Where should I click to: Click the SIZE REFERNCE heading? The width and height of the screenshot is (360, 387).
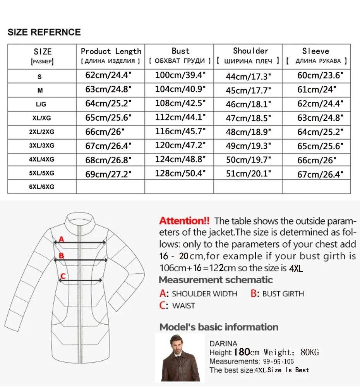pyautogui.click(x=44, y=32)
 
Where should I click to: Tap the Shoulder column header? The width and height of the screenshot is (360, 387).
pyautogui.click(x=250, y=51)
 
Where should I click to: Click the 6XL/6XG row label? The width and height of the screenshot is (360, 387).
pyautogui.click(x=41, y=187)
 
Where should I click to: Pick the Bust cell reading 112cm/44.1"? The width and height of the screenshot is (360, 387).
pyautogui.click(x=179, y=117)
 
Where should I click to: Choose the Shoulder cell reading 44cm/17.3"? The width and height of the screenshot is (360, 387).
pyautogui.click(x=248, y=76)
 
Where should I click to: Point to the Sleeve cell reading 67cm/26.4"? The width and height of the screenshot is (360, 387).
pyautogui.click(x=320, y=175)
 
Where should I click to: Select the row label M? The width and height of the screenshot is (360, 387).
pyautogui.click(x=40, y=91)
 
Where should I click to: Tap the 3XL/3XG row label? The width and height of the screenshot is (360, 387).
pyautogui.click(x=41, y=146)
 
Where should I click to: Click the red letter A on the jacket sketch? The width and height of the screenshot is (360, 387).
pyautogui.click(x=61, y=240)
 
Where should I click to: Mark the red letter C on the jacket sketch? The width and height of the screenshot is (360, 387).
pyautogui.click(x=63, y=276)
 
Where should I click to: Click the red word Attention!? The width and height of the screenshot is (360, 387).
pyautogui.click(x=184, y=221)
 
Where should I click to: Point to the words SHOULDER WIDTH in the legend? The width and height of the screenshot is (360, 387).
pyautogui.click(x=205, y=294)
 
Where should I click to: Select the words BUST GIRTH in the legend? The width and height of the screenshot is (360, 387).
pyautogui.click(x=283, y=294)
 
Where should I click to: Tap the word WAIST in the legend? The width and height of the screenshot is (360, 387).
pyautogui.click(x=183, y=306)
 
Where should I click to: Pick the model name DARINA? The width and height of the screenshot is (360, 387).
pyautogui.click(x=223, y=343)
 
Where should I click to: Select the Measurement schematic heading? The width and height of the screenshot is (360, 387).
pyautogui.click(x=216, y=280)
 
